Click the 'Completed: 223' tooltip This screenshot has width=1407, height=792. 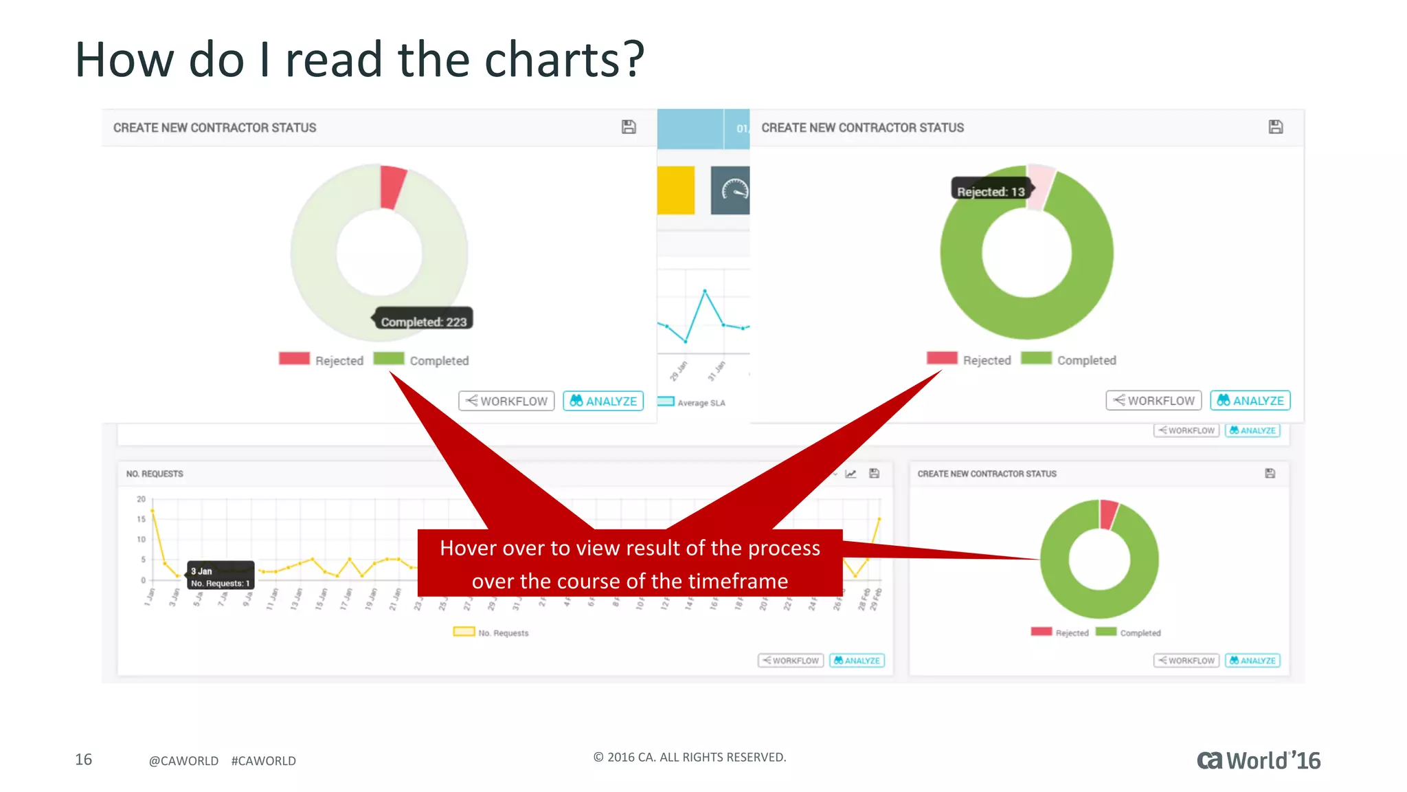tap(423, 321)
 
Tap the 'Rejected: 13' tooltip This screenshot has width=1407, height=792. tap(991, 191)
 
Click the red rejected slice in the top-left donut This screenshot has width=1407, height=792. tap(392, 186)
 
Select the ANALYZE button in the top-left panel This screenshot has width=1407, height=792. tap(603, 401)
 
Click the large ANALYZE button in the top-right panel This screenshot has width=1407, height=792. tap(1250, 400)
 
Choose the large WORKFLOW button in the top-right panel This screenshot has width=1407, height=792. tap(1153, 400)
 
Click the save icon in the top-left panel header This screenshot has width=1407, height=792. tap(629, 127)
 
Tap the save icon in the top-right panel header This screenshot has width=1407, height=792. tap(1276, 127)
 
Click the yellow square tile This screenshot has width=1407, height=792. tap(676, 190)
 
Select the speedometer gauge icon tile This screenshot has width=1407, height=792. tap(731, 190)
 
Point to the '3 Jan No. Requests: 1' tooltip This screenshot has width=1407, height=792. tap(221, 576)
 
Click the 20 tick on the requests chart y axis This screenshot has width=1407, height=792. tap(141, 499)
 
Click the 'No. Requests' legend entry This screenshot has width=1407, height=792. tap(491, 632)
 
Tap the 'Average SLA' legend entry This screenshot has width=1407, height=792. tap(692, 402)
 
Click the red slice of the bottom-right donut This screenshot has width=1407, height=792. tap(1107, 514)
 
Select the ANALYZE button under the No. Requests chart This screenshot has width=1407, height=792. tap(857, 661)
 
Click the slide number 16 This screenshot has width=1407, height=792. tap(83, 759)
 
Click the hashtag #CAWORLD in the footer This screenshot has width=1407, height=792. tap(264, 760)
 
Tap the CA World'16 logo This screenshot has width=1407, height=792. tap(1259, 760)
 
